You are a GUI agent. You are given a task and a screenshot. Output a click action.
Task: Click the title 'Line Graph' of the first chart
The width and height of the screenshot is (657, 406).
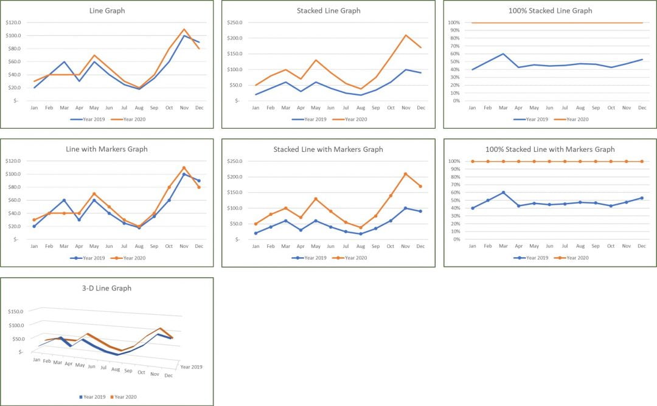[106, 10]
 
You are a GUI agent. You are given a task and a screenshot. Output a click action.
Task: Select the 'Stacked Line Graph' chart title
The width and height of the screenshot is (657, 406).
[328, 10]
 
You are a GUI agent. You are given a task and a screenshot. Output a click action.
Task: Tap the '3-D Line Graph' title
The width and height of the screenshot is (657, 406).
[106, 288]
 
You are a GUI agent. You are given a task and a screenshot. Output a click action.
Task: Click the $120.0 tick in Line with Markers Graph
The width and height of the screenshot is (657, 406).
[13, 161]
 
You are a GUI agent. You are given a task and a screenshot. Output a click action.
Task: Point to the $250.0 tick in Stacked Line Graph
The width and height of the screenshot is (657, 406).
[235, 22]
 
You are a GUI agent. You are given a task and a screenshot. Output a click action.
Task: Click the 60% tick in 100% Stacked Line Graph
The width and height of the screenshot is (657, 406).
[454, 53]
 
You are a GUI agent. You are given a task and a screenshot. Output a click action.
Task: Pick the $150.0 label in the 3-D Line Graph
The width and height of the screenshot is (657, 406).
[14, 311]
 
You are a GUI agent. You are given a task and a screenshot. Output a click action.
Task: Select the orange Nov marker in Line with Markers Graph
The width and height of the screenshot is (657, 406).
[184, 168]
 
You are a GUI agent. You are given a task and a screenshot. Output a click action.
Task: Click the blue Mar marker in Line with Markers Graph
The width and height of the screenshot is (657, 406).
[64, 200]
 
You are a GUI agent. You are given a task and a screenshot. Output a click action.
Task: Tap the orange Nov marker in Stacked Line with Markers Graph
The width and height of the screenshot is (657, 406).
[405, 174]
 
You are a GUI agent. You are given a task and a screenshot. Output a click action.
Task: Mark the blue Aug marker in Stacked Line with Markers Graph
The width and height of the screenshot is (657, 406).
[360, 234]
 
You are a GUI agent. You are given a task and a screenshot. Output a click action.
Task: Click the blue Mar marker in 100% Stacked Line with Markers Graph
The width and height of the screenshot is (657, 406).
[503, 193]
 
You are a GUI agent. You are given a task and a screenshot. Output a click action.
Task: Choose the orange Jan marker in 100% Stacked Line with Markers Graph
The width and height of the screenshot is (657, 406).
[472, 161]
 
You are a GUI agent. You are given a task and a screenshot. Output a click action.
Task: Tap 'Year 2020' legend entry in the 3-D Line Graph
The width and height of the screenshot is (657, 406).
[125, 397]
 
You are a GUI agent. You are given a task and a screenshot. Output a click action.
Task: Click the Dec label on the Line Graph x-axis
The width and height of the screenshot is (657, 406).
[199, 108]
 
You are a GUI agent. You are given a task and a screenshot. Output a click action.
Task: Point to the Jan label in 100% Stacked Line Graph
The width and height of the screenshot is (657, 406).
[472, 108]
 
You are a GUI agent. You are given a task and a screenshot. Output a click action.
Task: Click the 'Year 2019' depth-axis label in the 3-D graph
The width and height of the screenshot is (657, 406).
[191, 367]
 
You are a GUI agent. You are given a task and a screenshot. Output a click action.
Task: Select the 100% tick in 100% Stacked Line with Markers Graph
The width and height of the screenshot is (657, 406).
[454, 161]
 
